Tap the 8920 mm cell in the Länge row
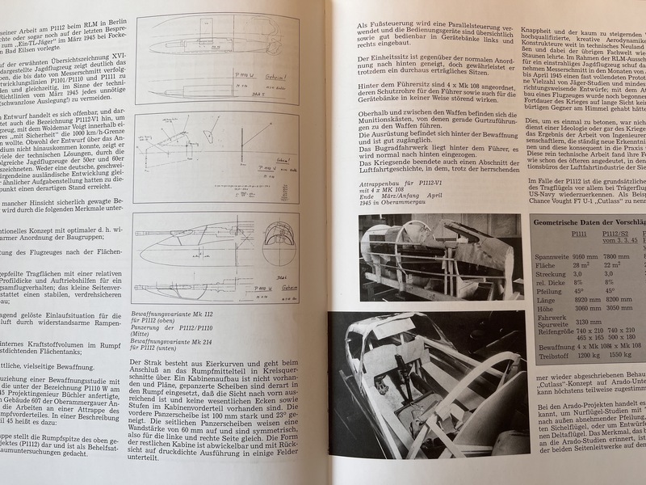(x=554, y=299)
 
